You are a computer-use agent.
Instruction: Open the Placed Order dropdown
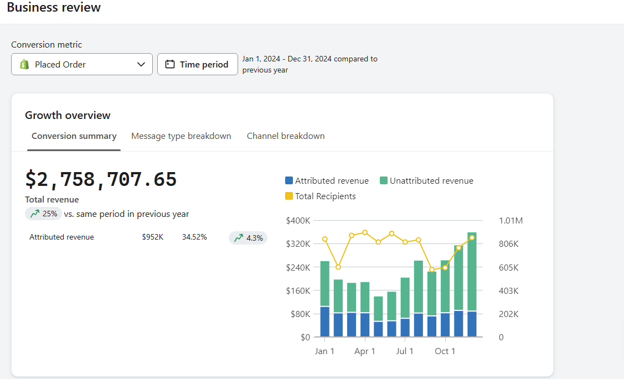tap(82, 64)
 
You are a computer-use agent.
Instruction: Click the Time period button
tap(198, 64)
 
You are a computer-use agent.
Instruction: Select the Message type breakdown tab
tap(181, 136)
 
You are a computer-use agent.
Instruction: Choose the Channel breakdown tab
tap(286, 136)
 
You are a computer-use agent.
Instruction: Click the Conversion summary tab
tap(74, 136)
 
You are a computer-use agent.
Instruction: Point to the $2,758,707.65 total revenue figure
tap(101, 179)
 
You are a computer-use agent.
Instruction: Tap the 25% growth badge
tap(43, 214)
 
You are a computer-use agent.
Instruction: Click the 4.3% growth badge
tap(248, 238)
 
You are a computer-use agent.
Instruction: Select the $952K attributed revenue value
tap(152, 237)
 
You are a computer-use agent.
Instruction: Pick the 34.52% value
tap(194, 237)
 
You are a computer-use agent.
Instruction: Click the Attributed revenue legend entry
tap(327, 181)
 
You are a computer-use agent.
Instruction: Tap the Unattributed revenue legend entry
tap(426, 181)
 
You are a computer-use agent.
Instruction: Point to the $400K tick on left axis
tap(298, 221)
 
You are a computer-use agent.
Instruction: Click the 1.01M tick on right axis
tap(510, 221)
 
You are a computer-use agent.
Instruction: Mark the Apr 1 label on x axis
tap(365, 351)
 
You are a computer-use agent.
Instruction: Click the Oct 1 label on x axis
tap(445, 351)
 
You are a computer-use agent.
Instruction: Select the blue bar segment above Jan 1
tap(325, 321)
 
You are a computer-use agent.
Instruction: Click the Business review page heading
tap(54, 8)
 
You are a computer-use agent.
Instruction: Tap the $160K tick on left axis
tap(298, 290)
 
